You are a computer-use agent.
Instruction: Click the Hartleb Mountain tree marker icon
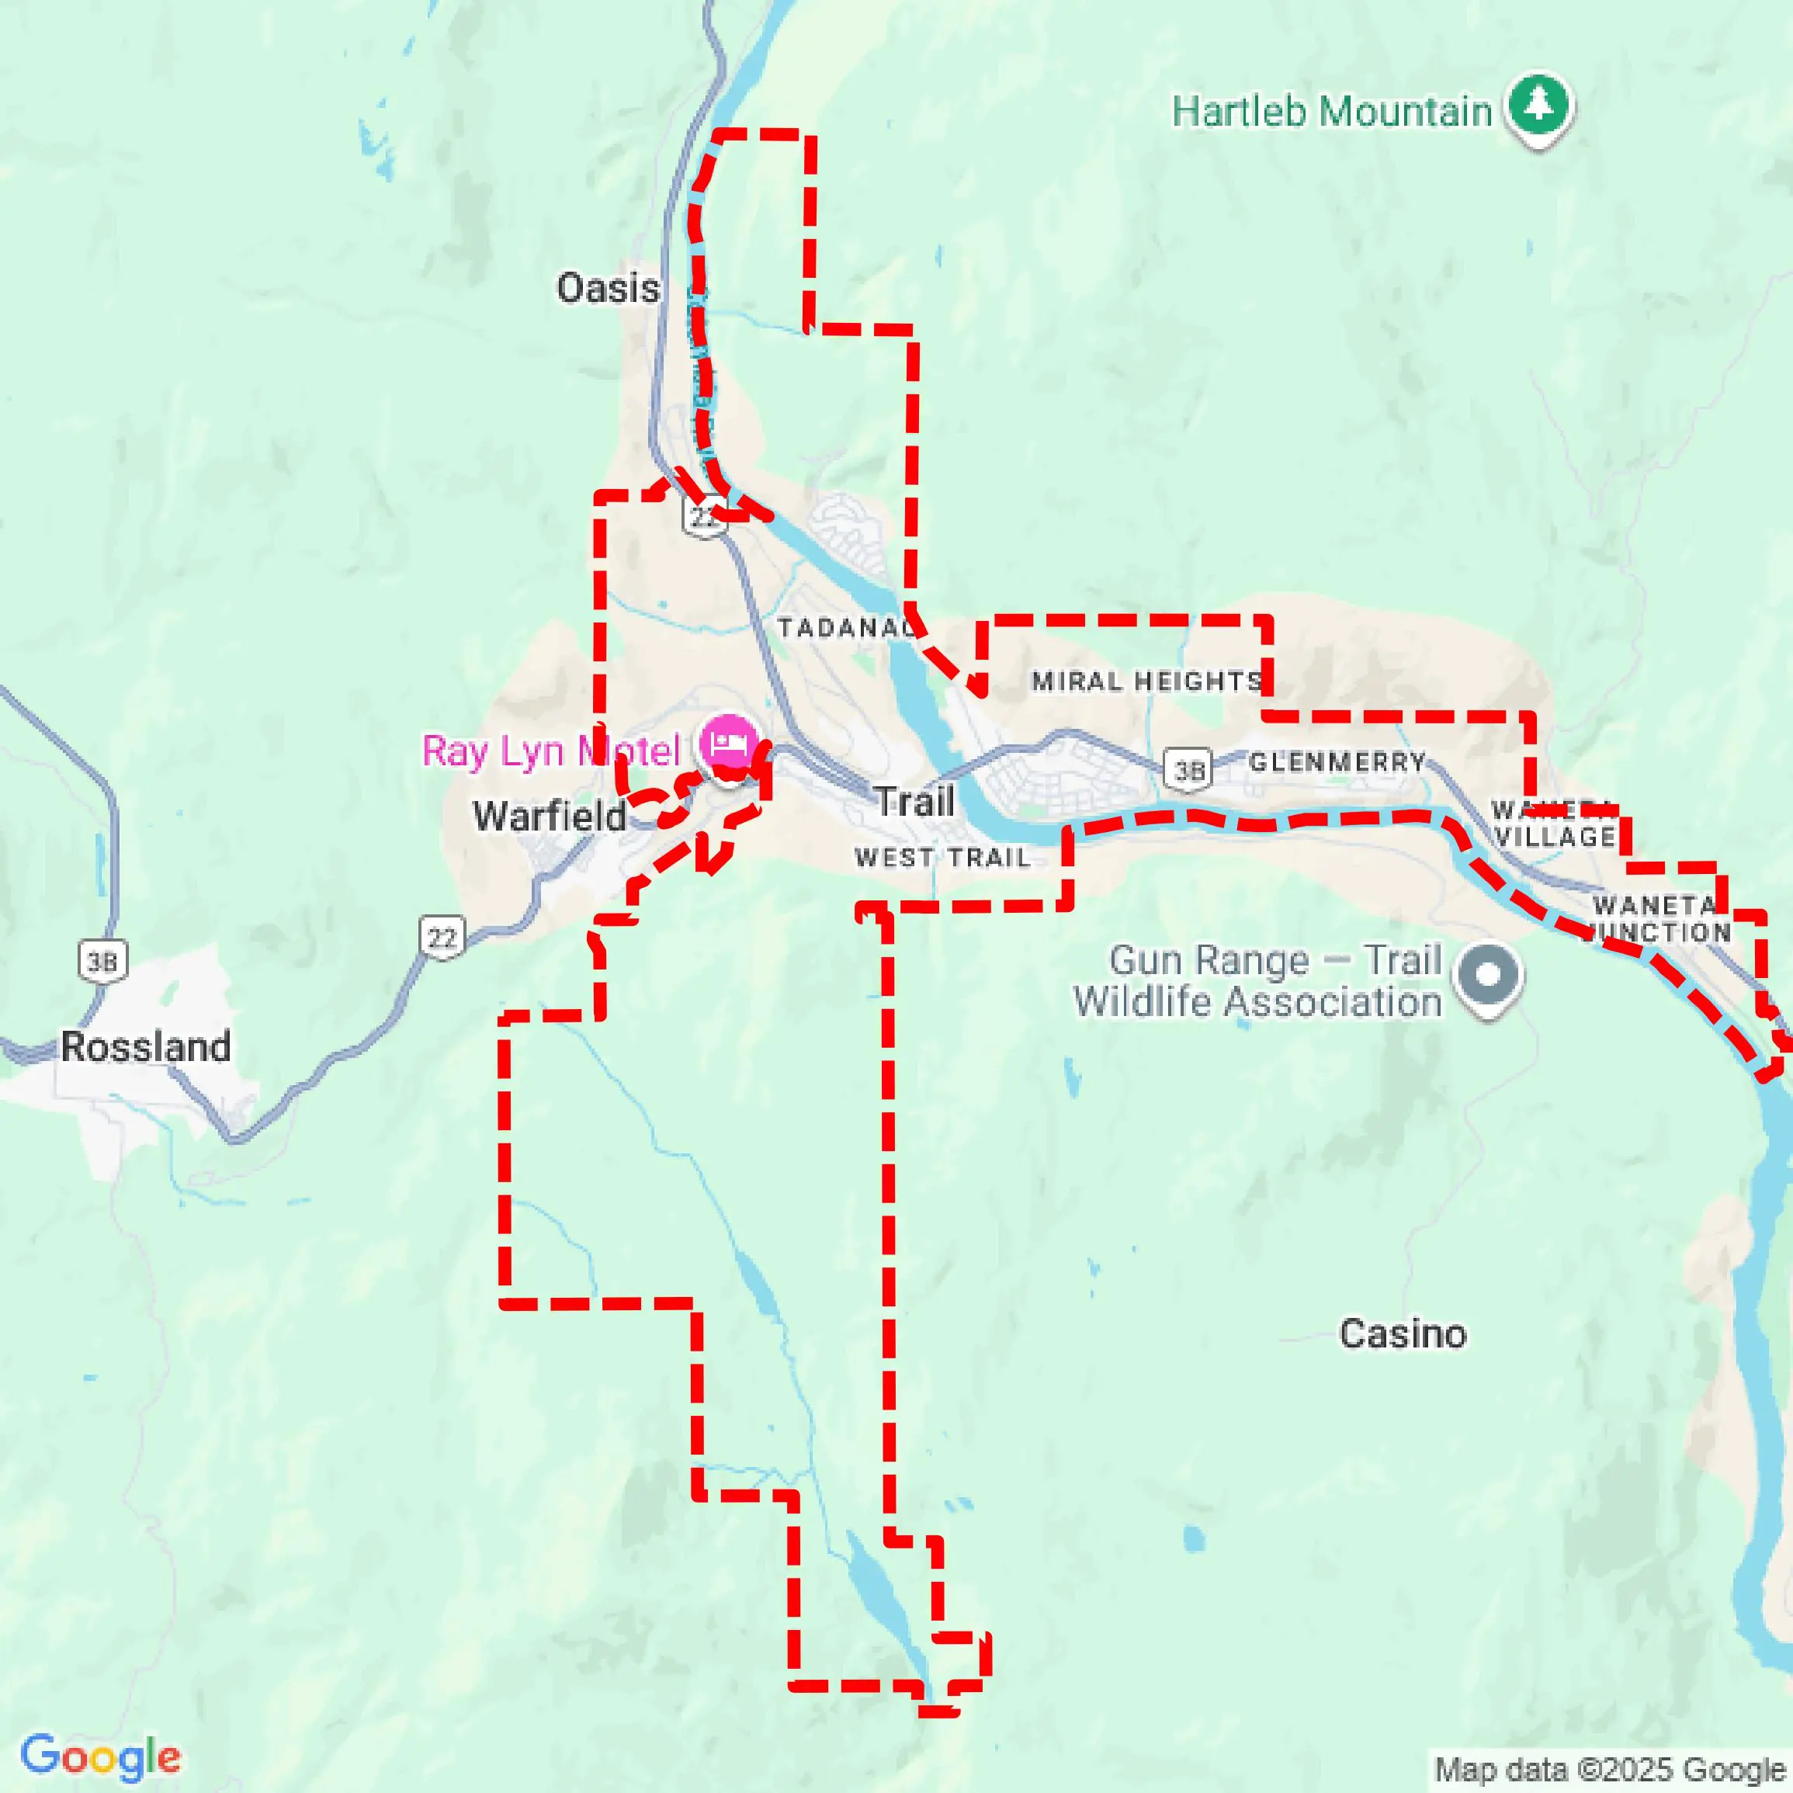1538,105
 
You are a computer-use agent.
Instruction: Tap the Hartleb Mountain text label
1332,113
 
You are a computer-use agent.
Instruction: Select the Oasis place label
608,289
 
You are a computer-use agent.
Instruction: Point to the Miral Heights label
1147,681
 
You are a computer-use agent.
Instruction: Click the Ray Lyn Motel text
551,751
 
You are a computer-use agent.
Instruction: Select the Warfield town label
550,817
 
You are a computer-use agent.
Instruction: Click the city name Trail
915,802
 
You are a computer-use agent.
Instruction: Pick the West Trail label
943,858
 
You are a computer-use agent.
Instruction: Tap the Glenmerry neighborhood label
1337,762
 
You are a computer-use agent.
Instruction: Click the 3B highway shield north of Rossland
102,962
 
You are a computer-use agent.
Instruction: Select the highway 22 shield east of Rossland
442,938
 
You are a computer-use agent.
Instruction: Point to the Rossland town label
146,1047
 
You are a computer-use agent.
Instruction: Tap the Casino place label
1401,1333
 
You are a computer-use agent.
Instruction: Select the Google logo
100,1757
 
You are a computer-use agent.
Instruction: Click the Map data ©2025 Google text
1610,1769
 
